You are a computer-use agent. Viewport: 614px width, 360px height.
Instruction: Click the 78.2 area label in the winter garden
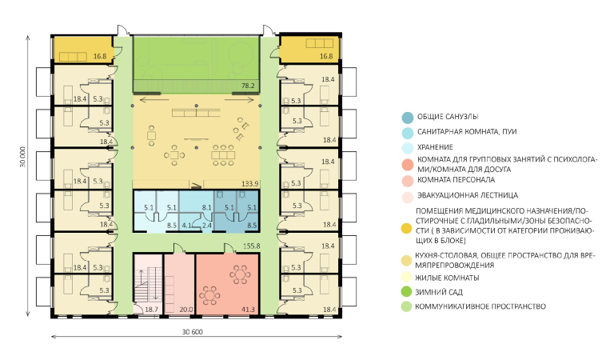pyautogui.click(x=248, y=86)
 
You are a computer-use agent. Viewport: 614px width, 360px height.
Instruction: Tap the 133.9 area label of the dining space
pyautogui.click(x=250, y=184)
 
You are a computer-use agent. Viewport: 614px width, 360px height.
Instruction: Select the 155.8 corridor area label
pyautogui.click(x=251, y=246)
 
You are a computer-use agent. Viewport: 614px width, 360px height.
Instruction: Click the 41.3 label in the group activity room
pyautogui.click(x=249, y=310)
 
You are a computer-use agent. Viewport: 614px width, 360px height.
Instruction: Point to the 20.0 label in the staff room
pyautogui.click(x=186, y=310)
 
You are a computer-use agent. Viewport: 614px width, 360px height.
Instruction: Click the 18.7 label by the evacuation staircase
pyautogui.click(x=152, y=310)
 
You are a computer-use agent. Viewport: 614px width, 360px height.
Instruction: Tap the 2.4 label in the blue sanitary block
pyautogui.click(x=207, y=226)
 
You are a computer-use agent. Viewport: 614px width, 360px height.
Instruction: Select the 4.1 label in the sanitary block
pyautogui.click(x=187, y=226)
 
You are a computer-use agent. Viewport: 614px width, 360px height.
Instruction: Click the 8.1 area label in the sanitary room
pyautogui.click(x=207, y=208)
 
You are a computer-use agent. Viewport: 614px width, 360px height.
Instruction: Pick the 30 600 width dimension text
pyautogui.click(x=192, y=332)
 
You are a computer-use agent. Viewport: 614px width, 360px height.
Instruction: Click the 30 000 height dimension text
pyautogui.click(x=22, y=157)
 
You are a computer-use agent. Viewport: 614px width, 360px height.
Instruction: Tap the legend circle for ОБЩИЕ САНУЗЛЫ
pyautogui.click(x=408, y=117)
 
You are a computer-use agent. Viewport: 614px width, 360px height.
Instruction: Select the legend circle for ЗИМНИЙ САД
pyautogui.click(x=407, y=292)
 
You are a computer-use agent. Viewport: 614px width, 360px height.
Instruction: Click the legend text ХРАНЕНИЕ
pyautogui.click(x=435, y=147)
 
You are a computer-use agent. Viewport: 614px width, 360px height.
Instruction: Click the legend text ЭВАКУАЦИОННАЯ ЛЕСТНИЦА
pyautogui.click(x=468, y=195)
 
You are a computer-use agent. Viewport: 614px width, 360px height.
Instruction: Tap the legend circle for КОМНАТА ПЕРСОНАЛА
pyautogui.click(x=408, y=181)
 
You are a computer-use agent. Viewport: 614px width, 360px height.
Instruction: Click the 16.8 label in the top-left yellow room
pyautogui.click(x=100, y=56)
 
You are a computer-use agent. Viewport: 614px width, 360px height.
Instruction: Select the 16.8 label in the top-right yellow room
pyautogui.click(x=326, y=56)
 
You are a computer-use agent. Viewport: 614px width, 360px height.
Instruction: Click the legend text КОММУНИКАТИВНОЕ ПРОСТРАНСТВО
pyautogui.click(x=480, y=306)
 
